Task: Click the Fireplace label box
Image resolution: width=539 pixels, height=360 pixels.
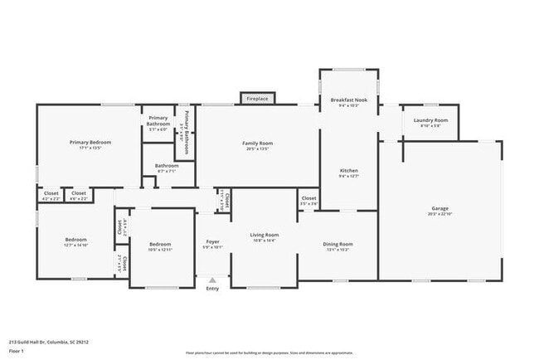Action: tap(257, 99)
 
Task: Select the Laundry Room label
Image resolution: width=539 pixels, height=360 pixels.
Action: tap(430, 120)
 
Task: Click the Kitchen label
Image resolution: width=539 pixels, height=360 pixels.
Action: tap(348, 169)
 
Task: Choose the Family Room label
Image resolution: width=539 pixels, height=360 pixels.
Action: tap(257, 144)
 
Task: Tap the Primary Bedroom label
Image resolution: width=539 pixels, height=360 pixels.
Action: tap(90, 143)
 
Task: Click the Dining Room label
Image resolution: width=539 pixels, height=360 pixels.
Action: tap(339, 244)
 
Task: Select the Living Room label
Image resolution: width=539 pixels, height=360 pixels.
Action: tap(265, 235)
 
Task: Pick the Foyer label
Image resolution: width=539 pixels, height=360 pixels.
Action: tap(213, 241)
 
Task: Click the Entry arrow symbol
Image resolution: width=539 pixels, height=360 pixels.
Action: tap(212, 280)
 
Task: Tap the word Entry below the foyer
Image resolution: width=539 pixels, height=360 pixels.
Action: tap(212, 289)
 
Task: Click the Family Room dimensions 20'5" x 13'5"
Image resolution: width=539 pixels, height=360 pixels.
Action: tap(257, 149)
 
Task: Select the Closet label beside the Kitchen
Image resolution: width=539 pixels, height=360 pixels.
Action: tap(308, 198)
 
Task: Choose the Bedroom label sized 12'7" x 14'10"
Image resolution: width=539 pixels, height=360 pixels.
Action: tap(75, 239)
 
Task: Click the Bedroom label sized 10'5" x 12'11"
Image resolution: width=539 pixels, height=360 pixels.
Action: tap(160, 244)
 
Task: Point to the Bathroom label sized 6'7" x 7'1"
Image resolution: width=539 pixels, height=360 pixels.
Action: tap(167, 166)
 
